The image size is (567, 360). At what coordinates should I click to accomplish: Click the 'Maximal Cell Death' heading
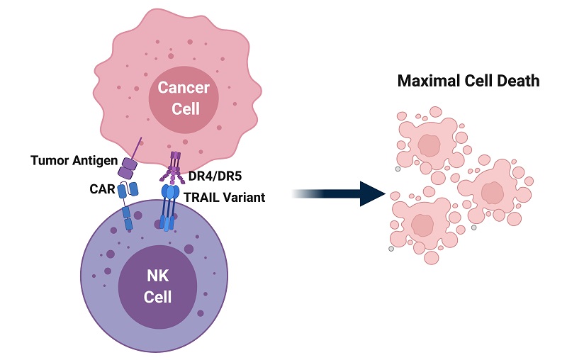[x=468, y=81]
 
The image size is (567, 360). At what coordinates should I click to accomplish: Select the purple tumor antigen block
[x=128, y=167]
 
